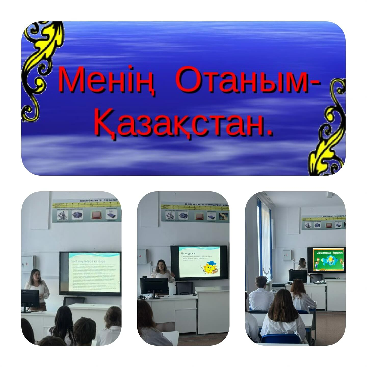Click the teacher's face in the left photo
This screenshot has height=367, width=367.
click(35, 276)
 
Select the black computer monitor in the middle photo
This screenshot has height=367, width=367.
click(154, 286)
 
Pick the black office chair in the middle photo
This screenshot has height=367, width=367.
click(184, 288)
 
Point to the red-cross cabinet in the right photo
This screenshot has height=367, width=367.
click(287, 255)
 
